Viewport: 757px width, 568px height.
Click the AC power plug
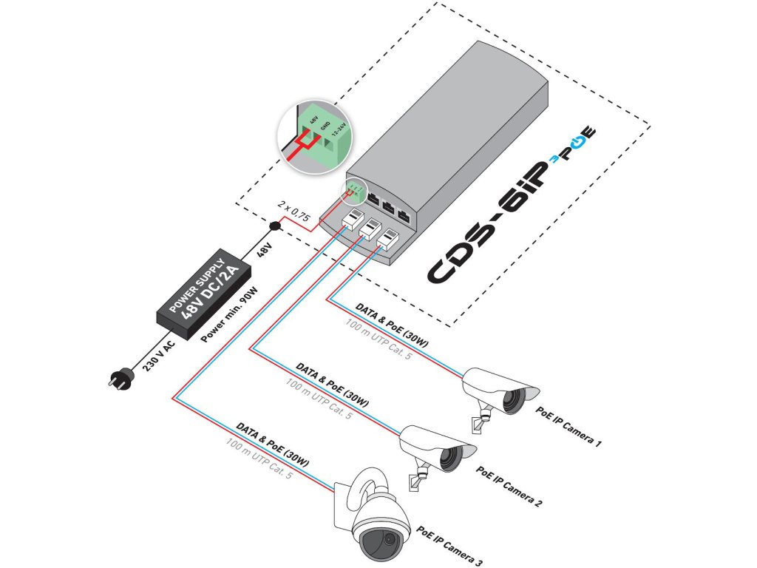(x=118, y=379)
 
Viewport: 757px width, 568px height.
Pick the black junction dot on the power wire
(x=275, y=225)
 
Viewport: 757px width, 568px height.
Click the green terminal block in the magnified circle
(x=323, y=137)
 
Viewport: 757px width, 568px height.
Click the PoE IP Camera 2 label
(x=509, y=486)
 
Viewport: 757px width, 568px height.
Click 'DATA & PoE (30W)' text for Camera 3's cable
(x=272, y=447)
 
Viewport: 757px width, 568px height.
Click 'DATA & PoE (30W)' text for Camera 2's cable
(x=332, y=388)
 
